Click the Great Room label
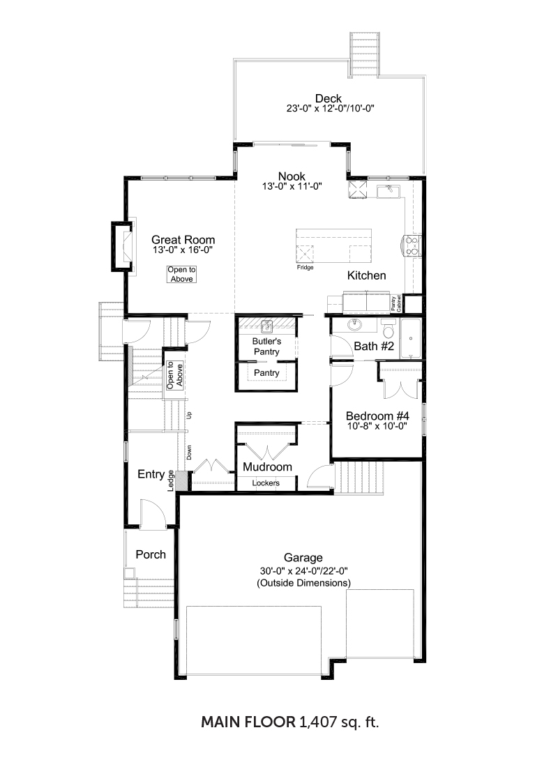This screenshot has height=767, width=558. [183, 240]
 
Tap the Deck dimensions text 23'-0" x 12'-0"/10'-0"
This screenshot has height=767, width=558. [331, 109]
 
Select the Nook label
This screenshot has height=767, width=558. [292, 176]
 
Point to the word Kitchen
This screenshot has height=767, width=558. [367, 275]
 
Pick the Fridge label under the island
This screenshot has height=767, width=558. [305, 268]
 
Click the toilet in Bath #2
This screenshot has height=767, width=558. [389, 330]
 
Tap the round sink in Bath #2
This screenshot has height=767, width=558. [355, 325]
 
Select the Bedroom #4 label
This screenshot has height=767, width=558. [377, 416]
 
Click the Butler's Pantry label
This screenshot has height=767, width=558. [266, 347]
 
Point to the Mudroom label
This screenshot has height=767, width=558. [267, 467]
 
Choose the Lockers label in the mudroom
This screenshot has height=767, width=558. [266, 483]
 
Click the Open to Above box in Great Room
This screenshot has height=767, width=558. [181, 275]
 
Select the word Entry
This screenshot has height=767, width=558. [151, 474]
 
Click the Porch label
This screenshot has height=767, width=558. [151, 555]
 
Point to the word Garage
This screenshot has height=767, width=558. [303, 558]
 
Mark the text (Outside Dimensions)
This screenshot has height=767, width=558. [303, 583]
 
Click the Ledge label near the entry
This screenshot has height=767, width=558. [171, 481]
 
